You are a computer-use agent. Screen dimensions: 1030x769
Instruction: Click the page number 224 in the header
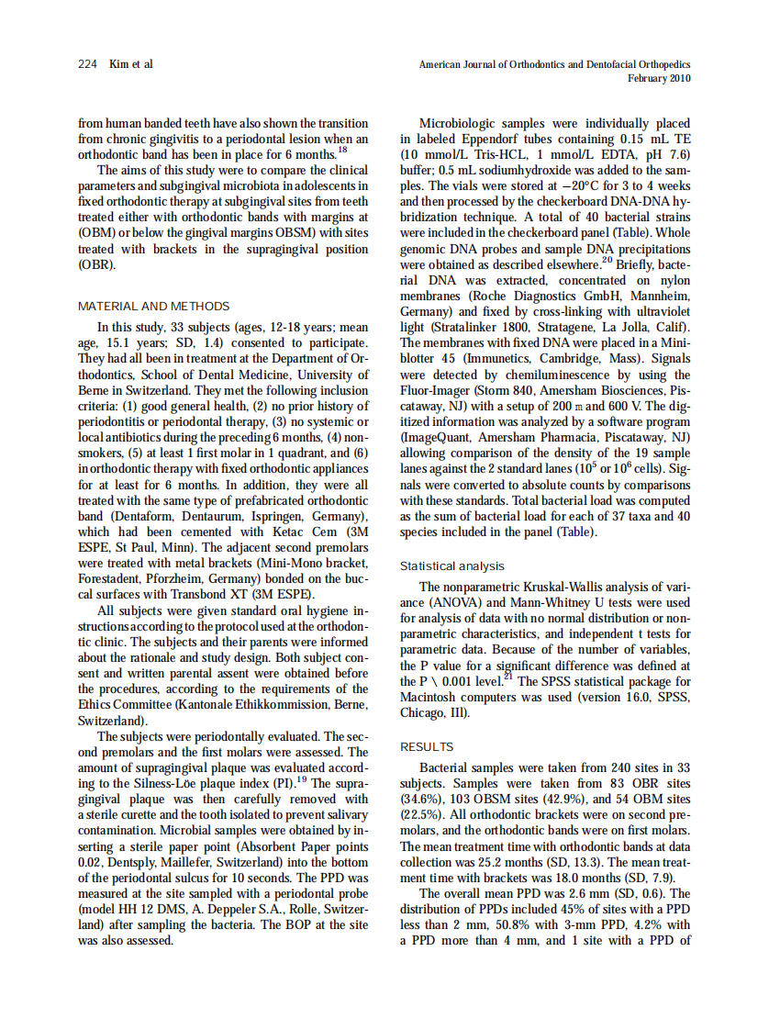coord(87,64)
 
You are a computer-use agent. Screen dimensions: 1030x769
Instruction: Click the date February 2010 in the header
coord(659,78)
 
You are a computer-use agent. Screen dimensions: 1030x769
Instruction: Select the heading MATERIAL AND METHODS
coord(154,306)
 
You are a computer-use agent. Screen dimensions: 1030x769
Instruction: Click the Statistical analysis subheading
coord(452,566)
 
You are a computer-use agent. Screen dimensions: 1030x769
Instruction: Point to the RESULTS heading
coord(427,746)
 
